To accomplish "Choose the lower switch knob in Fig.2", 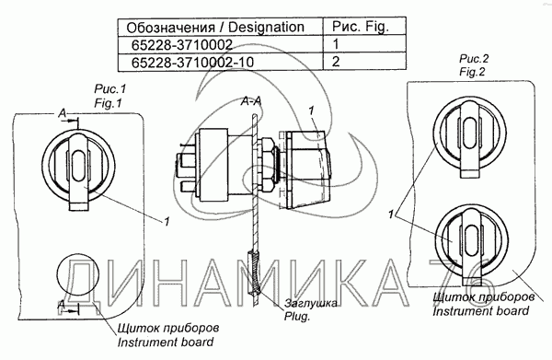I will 467,236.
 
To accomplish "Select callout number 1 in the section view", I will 313,110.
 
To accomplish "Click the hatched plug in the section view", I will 256,276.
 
